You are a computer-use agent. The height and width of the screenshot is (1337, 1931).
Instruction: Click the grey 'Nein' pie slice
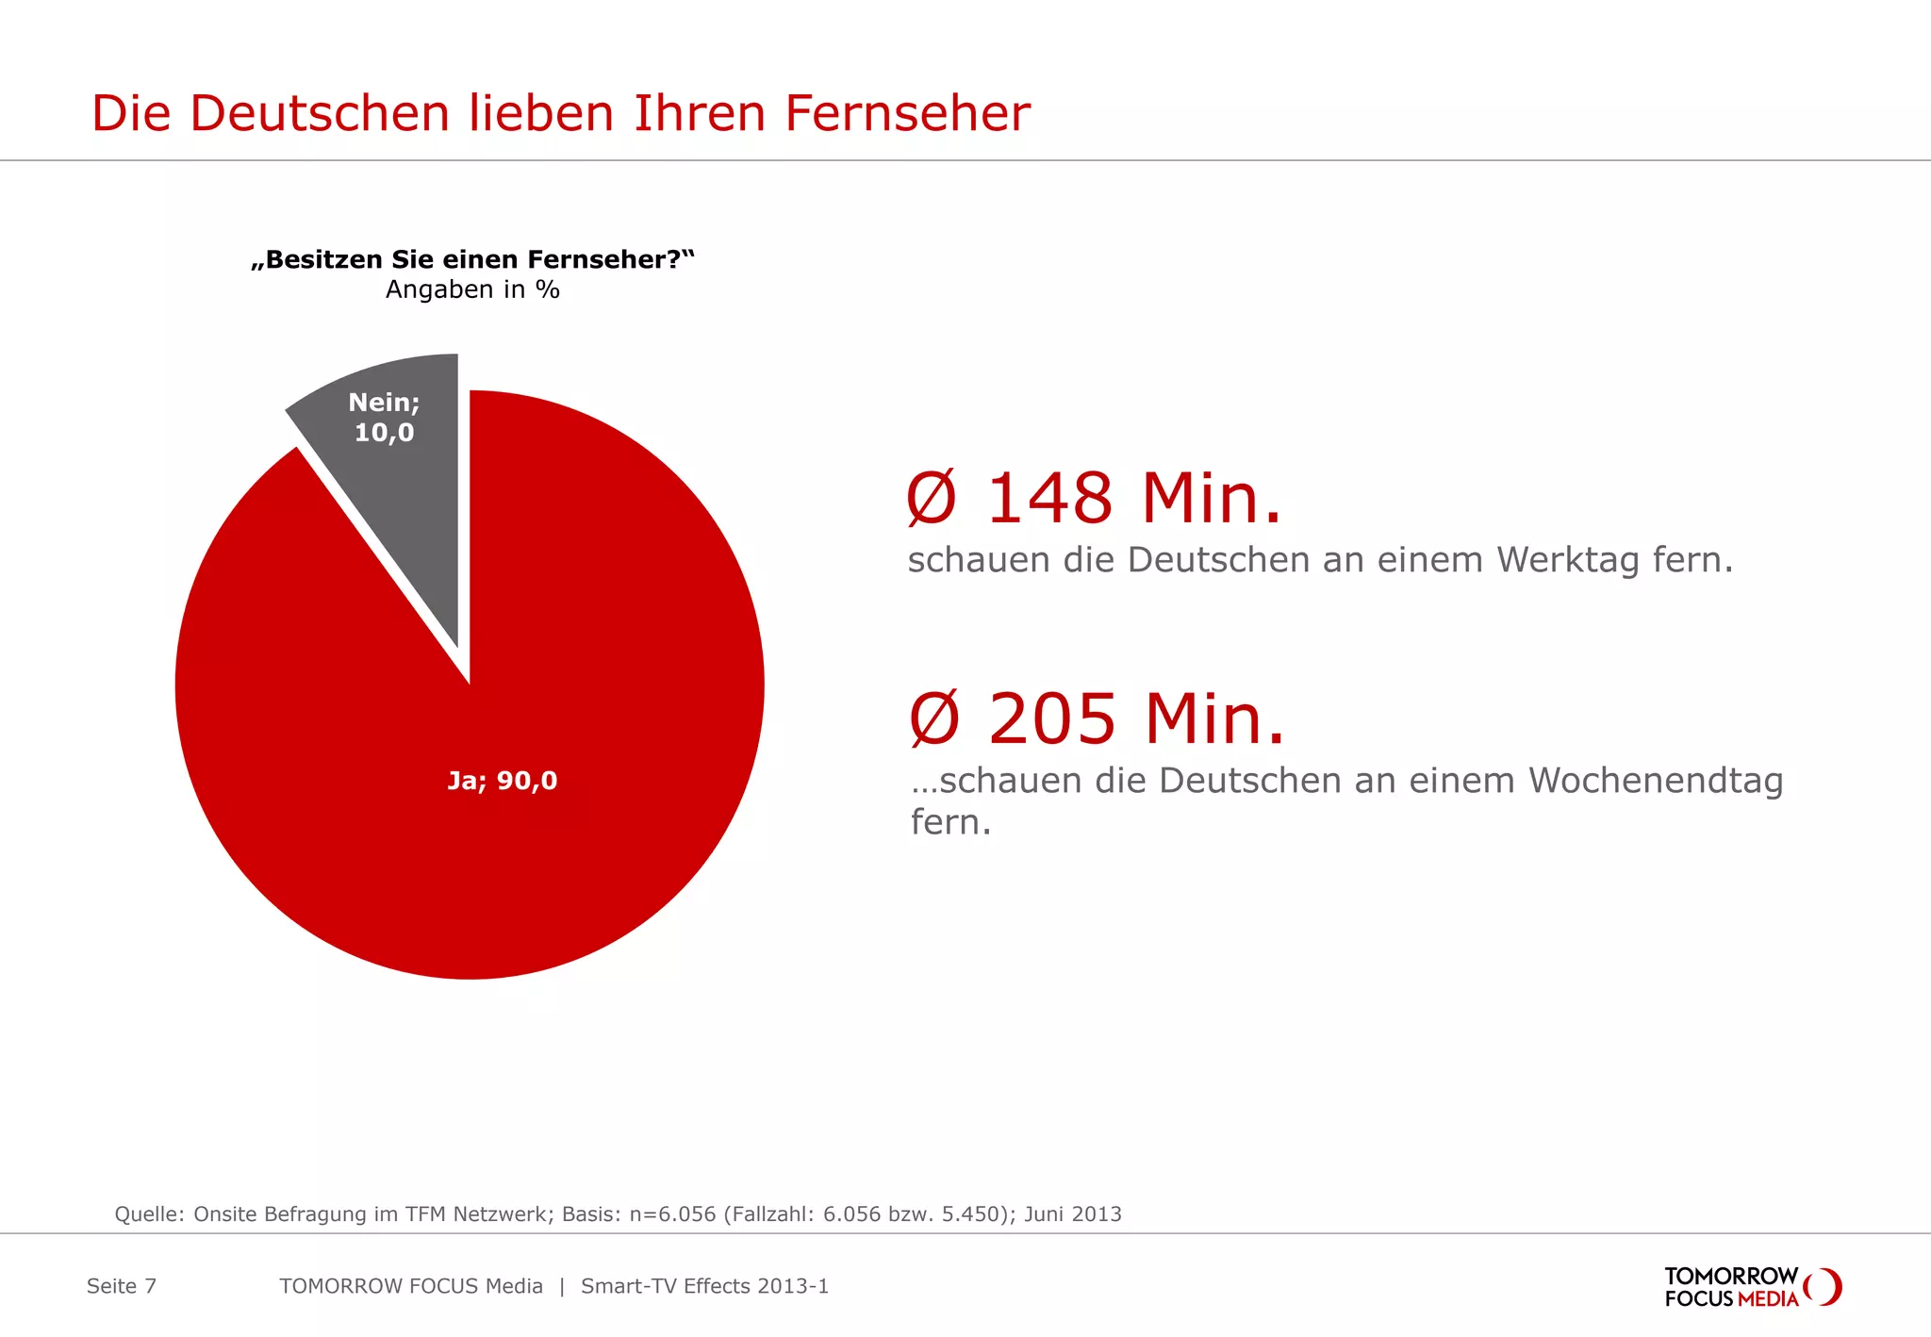coord(396,490)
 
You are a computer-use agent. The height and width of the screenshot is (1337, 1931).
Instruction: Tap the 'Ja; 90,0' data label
coord(503,781)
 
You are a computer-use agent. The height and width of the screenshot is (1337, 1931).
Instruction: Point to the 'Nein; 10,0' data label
coord(384,418)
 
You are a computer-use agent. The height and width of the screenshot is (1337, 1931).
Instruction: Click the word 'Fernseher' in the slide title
coord(907,114)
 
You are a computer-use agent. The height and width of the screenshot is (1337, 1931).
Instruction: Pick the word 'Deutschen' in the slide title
coord(320,114)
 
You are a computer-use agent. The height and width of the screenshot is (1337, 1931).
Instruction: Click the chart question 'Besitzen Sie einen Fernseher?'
coord(472,259)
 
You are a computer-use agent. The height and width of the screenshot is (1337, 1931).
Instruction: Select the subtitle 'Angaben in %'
coord(472,289)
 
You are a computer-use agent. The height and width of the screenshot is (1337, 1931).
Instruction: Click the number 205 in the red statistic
coord(1052,718)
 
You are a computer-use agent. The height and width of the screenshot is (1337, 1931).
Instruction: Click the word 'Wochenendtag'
coord(1656,781)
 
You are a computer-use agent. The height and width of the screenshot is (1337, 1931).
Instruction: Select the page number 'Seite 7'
coord(122,1286)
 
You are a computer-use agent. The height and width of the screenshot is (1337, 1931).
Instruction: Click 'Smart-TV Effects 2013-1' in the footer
coord(704,1286)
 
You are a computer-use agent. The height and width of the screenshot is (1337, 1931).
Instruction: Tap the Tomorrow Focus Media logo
coord(1751,1287)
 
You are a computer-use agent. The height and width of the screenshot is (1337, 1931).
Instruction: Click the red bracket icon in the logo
coord(1825,1287)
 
